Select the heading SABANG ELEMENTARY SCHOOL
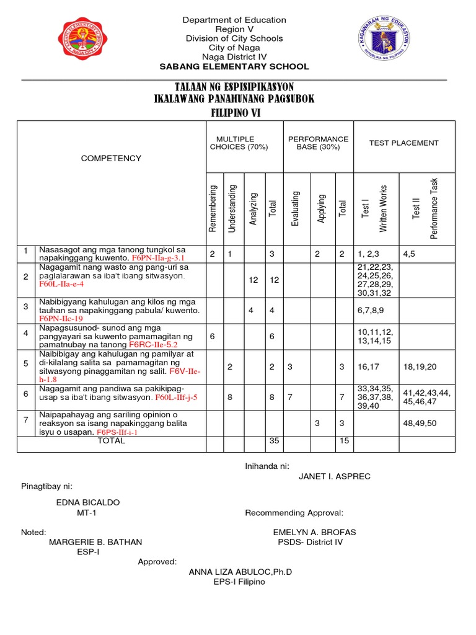[x=234, y=67]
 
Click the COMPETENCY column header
[x=112, y=159]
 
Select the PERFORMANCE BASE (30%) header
[x=318, y=143]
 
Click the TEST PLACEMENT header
[x=403, y=143]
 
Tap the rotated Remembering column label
[x=213, y=208]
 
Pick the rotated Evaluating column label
[x=296, y=208]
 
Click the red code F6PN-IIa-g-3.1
[x=159, y=257]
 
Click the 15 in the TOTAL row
[x=342, y=441]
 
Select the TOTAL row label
[x=111, y=441]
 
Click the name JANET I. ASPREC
[x=335, y=476]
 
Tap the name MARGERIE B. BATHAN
[x=95, y=542]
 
